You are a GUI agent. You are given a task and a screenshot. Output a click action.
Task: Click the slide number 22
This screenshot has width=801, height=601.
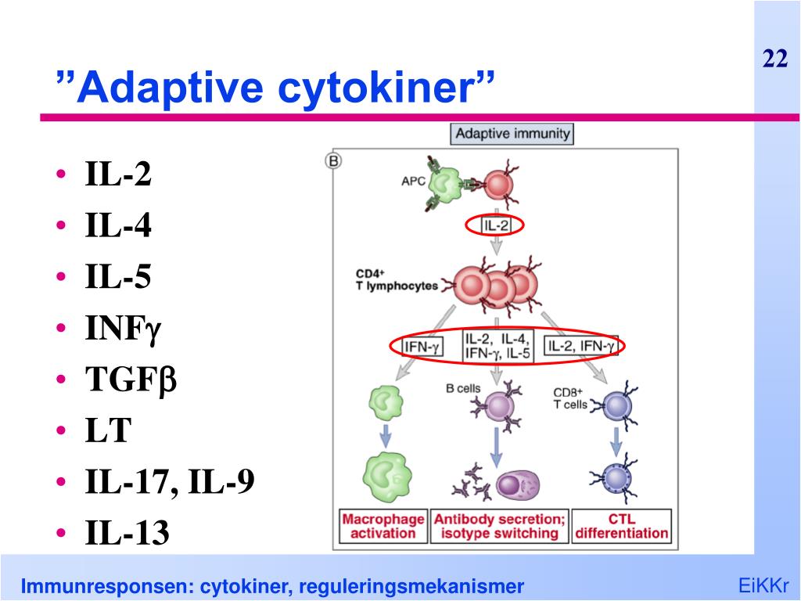[774, 59]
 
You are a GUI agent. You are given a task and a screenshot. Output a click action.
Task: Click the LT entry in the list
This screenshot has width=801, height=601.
[107, 431]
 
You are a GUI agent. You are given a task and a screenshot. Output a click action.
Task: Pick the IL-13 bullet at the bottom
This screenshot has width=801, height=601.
[127, 534]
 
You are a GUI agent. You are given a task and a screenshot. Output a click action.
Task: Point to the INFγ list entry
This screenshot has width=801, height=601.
[123, 329]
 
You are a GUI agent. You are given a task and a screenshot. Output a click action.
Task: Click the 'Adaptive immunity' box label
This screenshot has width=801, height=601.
[512, 133]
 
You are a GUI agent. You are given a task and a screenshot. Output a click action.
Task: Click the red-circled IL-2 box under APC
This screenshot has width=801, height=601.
[494, 226]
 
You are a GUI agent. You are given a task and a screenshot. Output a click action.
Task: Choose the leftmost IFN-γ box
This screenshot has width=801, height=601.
[422, 345]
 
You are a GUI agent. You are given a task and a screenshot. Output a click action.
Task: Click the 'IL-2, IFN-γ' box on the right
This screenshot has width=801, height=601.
[581, 345]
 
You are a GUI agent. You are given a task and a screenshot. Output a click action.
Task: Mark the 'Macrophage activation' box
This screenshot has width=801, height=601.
[383, 526]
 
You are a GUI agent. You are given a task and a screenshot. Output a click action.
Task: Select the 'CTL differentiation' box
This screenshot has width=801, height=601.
[621, 526]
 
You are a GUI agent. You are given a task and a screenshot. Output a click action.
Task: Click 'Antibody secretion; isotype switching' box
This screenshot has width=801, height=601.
[499, 526]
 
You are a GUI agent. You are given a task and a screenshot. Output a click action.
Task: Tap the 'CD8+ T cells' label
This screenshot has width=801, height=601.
[569, 398]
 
